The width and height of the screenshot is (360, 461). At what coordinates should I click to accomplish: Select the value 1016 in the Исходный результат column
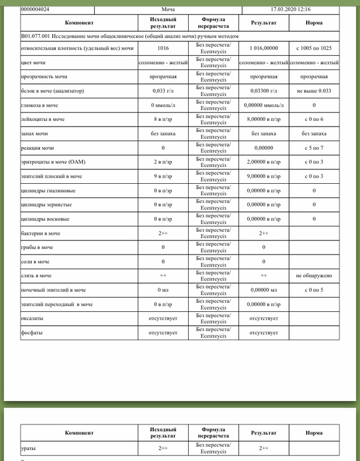pyautogui.click(x=163, y=47)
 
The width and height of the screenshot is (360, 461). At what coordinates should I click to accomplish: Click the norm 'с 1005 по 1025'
pyautogui.click(x=314, y=47)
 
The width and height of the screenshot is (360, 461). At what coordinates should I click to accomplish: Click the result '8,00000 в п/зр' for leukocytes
pyautogui.click(x=264, y=119)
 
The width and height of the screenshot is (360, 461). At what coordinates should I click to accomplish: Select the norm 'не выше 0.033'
pyautogui.click(x=314, y=90)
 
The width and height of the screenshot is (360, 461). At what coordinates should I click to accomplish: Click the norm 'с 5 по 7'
pyautogui.click(x=314, y=148)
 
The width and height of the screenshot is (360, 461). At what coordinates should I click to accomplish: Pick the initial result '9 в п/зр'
pyautogui.click(x=163, y=177)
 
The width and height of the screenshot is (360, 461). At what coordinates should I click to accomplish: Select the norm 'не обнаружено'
pyautogui.click(x=314, y=276)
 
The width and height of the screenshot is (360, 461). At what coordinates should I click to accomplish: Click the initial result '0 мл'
pyautogui.click(x=163, y=290)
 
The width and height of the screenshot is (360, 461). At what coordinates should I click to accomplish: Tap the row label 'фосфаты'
pyautogui.click(x=32, y=332)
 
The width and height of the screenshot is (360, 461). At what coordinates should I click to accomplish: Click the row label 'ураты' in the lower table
pyautogui.click(x=28, y=448)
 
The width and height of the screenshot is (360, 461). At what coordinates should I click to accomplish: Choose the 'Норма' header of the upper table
pyautogui.click(x=314, y=23)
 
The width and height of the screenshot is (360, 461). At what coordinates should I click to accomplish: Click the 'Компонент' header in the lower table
pyautogui.click(x=79, y=432)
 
